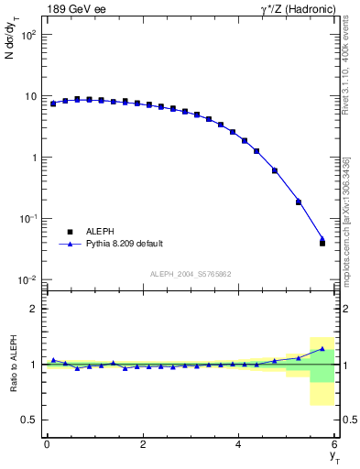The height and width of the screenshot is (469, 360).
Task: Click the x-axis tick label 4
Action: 239,444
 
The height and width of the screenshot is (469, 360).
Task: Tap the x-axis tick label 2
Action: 143,444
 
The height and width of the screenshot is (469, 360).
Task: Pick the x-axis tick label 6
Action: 335,444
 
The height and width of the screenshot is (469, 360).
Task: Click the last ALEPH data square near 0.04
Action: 322,243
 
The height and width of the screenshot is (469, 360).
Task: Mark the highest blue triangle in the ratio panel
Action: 322,348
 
